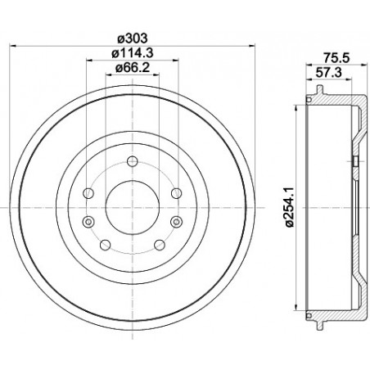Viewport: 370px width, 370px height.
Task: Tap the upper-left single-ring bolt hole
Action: pyautogui.click(x=89, y=193)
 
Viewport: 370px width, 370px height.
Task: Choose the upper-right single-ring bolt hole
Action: pyautogui.click(x=175, y=193)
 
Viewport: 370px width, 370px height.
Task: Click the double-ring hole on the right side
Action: pyautogui.click(x=175, y=221)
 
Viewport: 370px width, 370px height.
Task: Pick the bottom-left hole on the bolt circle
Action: pyautogui.click(x=104, y=245)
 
